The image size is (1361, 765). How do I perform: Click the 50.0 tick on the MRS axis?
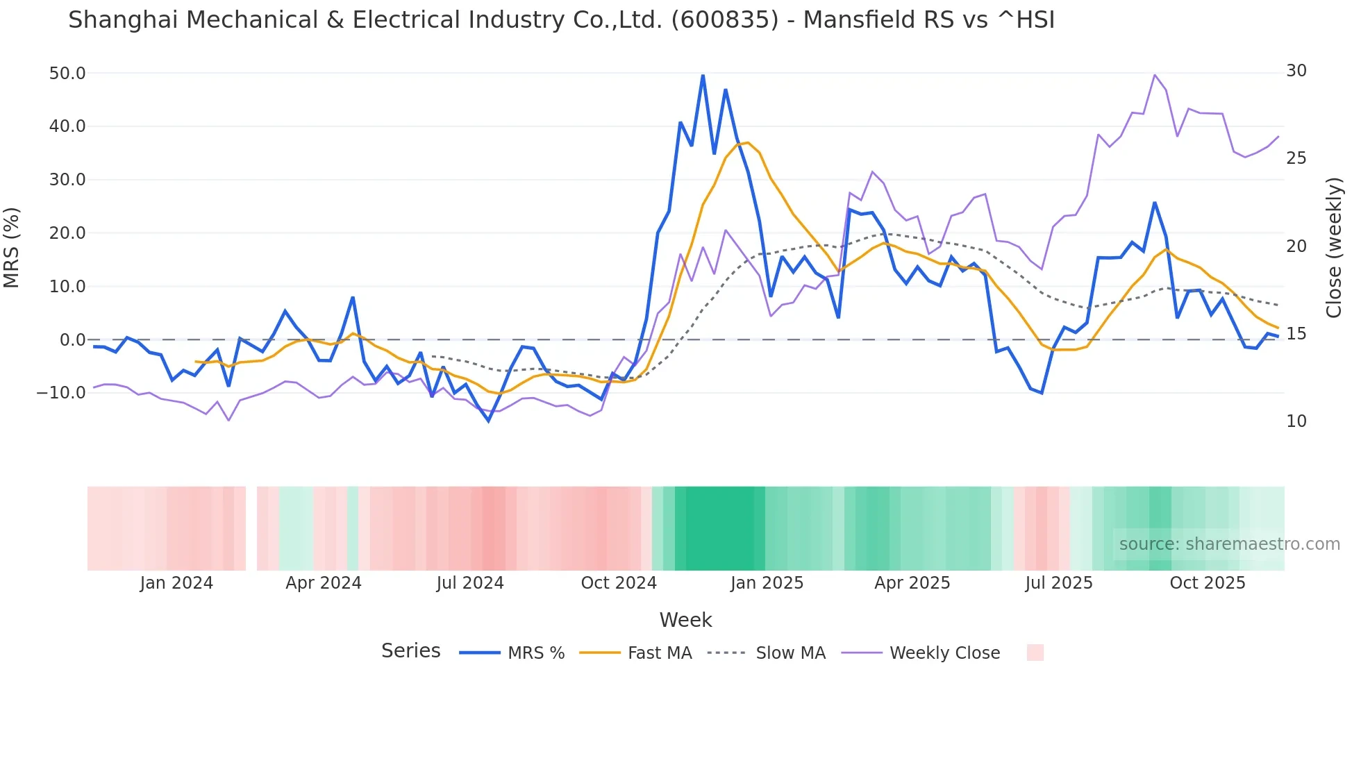point(67,74)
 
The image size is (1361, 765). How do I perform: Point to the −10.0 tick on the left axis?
point(61,393)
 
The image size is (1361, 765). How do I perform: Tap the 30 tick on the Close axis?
point(1296,71)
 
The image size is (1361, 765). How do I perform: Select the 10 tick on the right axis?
point(1296,421)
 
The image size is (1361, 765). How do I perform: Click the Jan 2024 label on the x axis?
point(176,583)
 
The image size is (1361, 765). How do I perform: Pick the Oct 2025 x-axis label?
point(1207,583)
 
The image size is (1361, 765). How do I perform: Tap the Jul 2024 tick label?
point(470,583)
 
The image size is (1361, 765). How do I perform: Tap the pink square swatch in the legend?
point(1035,653)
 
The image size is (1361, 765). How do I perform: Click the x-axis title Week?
point(685,620)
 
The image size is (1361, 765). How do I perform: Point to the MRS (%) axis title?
point(12,247)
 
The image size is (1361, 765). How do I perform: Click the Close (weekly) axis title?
point(1334,247)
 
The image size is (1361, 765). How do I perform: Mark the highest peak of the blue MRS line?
point(703,75)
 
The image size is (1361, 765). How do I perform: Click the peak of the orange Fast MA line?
point(748,142)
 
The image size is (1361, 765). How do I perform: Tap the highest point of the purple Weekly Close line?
point(1155,75)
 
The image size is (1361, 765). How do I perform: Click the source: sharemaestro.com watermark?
point(1229,544)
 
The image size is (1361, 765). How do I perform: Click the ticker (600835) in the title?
point(724,20)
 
